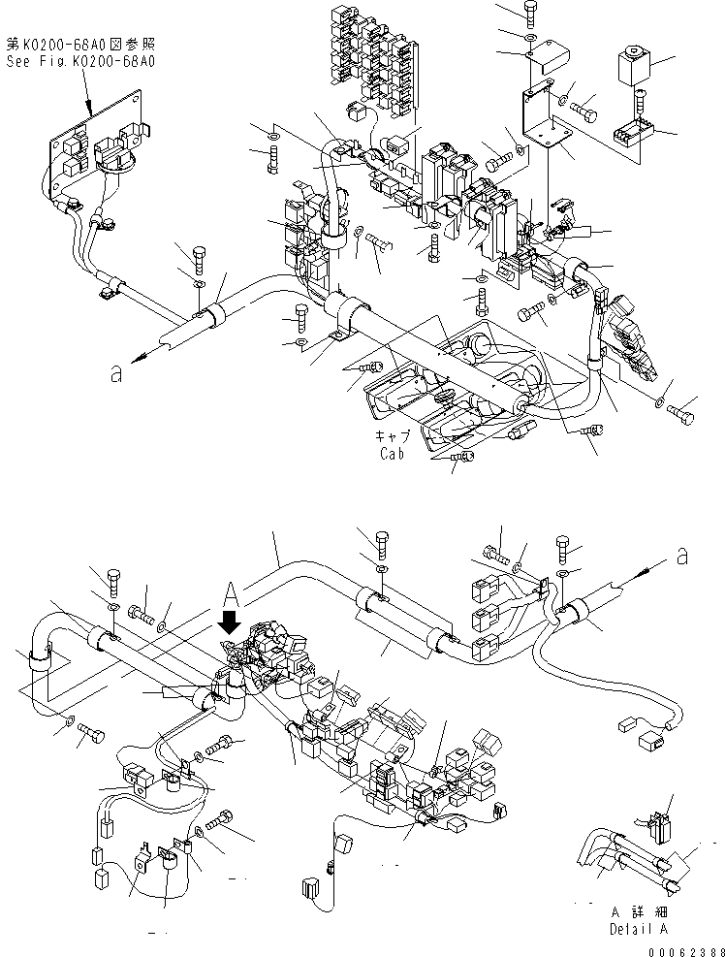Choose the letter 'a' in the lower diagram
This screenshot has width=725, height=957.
click(x=683, y=557)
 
